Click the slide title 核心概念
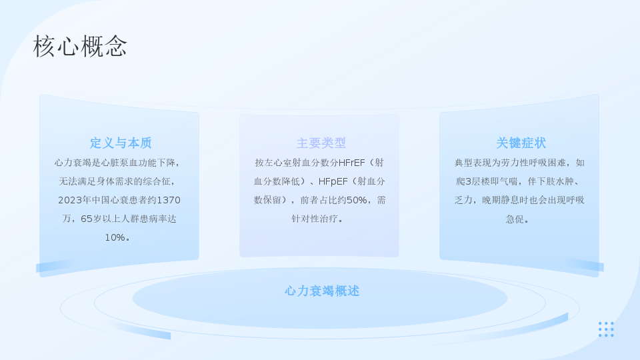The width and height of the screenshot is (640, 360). [x=80, y=46]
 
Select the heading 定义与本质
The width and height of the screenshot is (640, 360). [x=121, y=143]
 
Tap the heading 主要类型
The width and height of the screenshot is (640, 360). [x=321, y=143]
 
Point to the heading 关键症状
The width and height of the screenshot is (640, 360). [x=521, y=143]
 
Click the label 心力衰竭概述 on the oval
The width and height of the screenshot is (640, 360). [x=322, y=291]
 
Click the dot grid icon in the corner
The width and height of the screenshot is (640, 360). [x=606, y=329]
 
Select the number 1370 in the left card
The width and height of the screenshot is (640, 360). [x=169, y=200]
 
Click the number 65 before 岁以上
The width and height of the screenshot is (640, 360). [x=87, y=219]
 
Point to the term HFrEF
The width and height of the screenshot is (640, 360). [x=352, y=163]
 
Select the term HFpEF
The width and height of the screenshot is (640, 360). [x=333, y=181]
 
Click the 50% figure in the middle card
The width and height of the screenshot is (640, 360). [x=356, y=200]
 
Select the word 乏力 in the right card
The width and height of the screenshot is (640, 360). [x=463, y=200]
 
